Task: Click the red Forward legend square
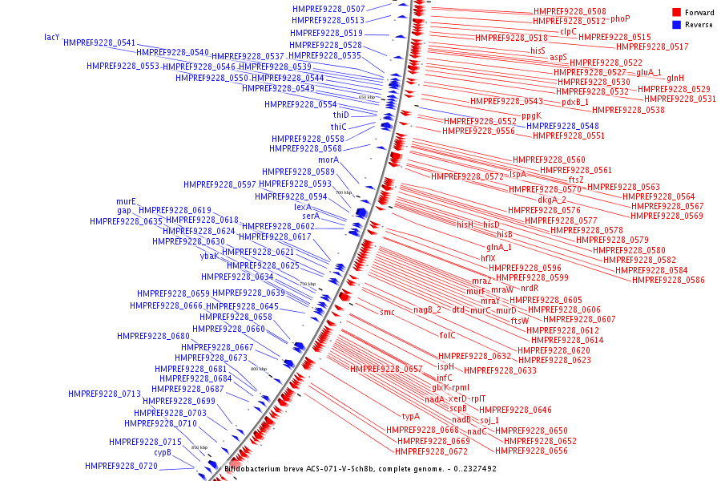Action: point(676,13)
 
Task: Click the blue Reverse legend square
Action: point(676,25)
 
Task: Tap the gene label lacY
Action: point(52,37)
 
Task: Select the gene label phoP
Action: point(620,18)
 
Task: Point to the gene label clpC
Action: point(568,31)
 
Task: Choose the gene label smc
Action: point(387,312)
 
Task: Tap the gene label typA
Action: point(411,416)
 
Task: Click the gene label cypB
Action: point(163,452)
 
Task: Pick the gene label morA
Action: point(328,160)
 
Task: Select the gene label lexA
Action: point(303,207)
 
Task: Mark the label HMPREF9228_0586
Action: point(668,280)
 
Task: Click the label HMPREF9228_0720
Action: point(121,466)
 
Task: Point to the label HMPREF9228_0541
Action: point(99,42)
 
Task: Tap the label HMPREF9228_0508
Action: point(570,11)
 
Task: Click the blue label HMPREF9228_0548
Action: point(562,126)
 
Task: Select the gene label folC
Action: point(447,335)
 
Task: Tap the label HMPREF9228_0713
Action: point(104,394)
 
